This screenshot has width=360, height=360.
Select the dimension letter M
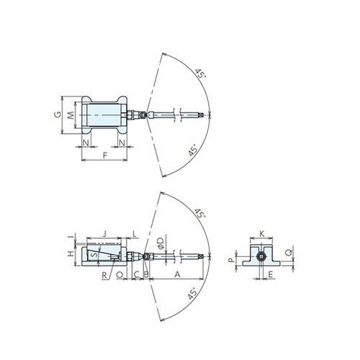(71, 114)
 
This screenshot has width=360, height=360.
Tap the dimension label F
(105, 155)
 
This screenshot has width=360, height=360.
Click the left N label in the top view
(86, 143)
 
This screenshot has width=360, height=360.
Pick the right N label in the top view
(123, 143)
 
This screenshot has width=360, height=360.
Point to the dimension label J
(105, 234)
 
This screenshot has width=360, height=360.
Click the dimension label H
(70, 253)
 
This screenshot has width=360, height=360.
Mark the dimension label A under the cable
(177, 275)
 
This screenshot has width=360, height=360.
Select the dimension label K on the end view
(262, 234)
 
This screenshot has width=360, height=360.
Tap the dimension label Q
(288, 253)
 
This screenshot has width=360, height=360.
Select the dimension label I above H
(70, 236)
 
